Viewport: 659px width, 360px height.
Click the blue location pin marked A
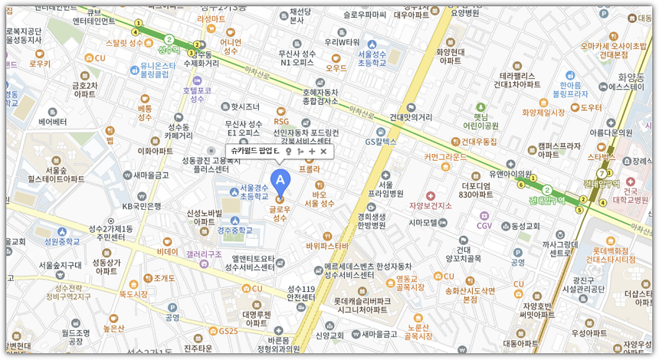coord(280,181)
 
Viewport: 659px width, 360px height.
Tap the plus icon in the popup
coord(312,152)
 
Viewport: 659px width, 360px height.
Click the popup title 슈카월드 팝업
coord(254,152)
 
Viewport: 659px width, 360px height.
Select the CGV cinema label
coord(484,225)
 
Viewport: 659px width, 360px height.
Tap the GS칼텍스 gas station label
coord(380,141)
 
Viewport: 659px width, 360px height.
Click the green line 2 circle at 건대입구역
coord(547,189)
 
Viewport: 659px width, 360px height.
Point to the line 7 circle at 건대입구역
coord(600,173)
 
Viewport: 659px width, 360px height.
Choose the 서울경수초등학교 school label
coord(254,191)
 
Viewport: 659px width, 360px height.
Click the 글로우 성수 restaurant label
coord(280,213)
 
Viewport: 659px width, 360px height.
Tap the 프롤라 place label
coord(309,169)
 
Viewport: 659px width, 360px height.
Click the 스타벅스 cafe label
coord(601,156)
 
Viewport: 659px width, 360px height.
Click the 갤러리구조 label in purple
coord(203,254)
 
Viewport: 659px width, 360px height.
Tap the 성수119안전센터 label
coord(300,293)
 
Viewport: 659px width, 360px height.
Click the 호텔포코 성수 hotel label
coord(197,94)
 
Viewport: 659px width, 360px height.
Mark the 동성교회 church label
coord(526,226)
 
